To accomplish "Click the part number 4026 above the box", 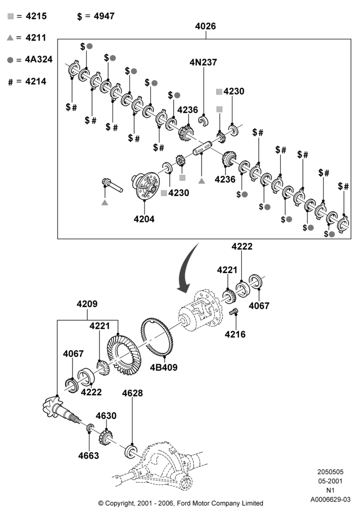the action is coord(205,26).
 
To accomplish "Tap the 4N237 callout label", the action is coord(203,62).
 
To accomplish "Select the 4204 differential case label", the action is coord(144,218).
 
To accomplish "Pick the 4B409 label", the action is coord(164,367).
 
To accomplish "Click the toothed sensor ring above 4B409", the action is coord(157,338).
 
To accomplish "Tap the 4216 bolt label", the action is coord(235,334).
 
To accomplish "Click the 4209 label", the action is coord(87,304).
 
